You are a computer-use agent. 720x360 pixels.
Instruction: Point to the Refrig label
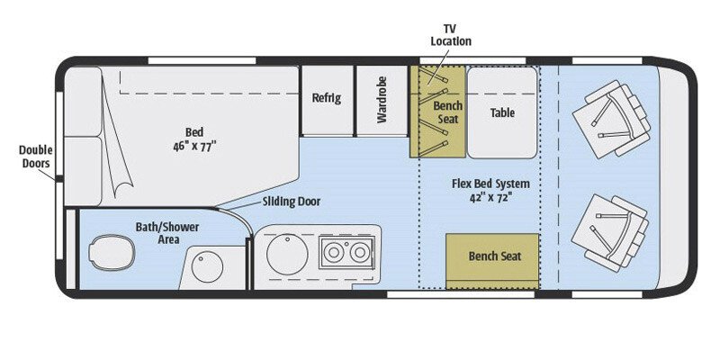tap(326, 98)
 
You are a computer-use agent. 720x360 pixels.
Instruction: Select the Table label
tap(501, 113)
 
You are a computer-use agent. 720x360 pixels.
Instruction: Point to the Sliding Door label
tap(291, 201)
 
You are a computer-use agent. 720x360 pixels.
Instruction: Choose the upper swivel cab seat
tap(611, 119)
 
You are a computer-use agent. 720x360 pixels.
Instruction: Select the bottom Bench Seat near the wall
tap(493, 256)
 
